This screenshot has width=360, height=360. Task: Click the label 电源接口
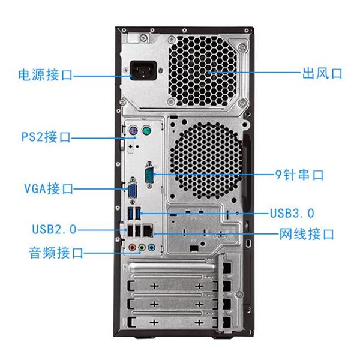click(45, 75)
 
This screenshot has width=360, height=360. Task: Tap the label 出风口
click(321, 73)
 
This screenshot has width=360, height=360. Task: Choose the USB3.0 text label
click(292, 212)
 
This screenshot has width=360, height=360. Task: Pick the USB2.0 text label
click(54, 229)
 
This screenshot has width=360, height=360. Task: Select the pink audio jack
click(131, 247)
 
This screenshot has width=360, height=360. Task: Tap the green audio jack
click(141, 247)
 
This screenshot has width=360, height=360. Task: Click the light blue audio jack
click(151, 247)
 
